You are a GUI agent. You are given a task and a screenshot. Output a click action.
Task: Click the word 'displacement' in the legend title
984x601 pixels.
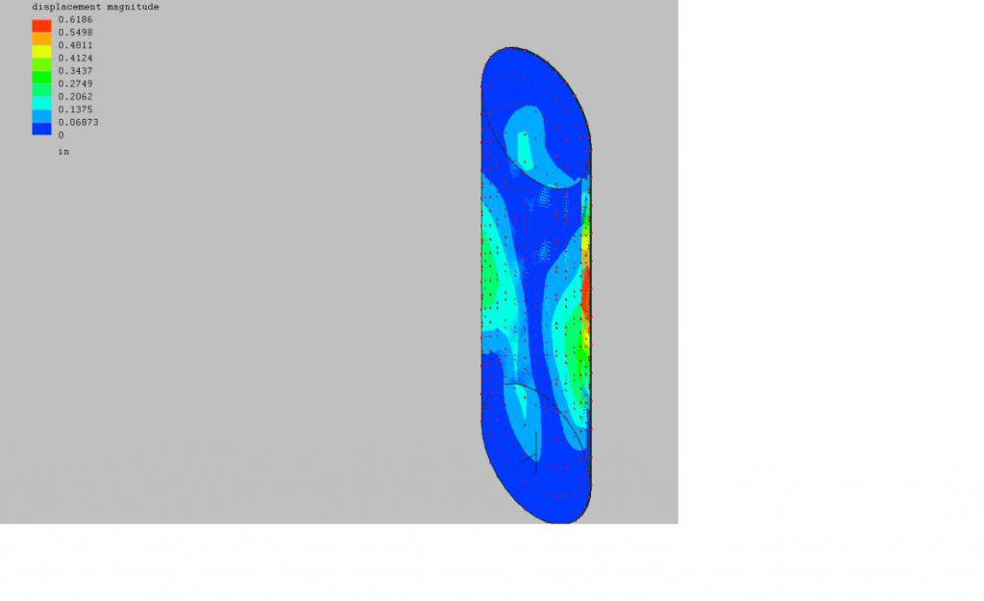pos(65,7)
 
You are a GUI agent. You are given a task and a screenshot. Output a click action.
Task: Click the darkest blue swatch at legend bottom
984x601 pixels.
pos(41,129)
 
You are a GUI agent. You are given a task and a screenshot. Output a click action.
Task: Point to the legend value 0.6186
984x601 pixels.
pos(75,19)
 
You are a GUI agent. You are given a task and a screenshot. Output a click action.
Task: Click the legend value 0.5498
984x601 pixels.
pos(75,33)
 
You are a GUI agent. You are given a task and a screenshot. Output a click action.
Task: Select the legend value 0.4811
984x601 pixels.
pos(75,45)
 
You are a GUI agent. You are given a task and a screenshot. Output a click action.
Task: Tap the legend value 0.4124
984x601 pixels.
pos(75,59)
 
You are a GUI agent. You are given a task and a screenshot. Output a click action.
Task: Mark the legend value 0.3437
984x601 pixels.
pos(75,71)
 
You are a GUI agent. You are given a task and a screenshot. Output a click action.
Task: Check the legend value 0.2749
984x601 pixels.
pos(75,84)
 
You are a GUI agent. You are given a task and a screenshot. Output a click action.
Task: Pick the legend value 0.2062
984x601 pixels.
pos(75,97)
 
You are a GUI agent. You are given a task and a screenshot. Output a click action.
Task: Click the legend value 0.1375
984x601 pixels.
pos(75,109)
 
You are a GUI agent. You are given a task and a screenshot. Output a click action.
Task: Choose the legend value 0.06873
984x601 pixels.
pos(78,123)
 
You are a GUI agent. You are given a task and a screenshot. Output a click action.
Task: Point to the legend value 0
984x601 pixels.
pos(61,135)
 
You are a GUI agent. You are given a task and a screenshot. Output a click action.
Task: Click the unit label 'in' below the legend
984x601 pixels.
pos(63,152)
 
